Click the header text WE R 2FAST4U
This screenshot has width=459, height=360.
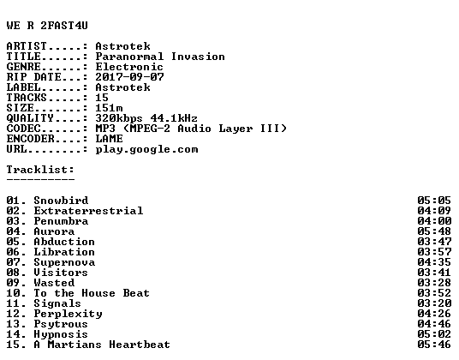tap(47, 26)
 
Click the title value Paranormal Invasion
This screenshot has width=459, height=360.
tap(160, 57)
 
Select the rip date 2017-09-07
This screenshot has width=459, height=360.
tap(129, 77)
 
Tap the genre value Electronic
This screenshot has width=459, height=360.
tap(129, 67)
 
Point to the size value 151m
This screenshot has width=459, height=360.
tap(110, 108)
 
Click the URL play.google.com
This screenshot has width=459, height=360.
tap(146, 150)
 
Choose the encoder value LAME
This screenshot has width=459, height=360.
tap(110, 139)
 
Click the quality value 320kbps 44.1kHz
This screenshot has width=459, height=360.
tap(146, 118)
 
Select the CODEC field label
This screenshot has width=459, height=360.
tap(23, 129)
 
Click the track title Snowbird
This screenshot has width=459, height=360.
tap(61, 201)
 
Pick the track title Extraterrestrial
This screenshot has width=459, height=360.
tap(88, 211)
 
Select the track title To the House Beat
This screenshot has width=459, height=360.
tap(92, 293)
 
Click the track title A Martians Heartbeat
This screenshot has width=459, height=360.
tap(102, 345)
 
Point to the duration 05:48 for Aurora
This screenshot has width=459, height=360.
tap(434, 231)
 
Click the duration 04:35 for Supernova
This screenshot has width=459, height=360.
tap(434, 262)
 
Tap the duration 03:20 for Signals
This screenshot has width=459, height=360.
tap(434, 303)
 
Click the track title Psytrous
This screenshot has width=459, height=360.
tap(61, 324)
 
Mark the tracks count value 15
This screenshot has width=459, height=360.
tap(102, 98)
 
